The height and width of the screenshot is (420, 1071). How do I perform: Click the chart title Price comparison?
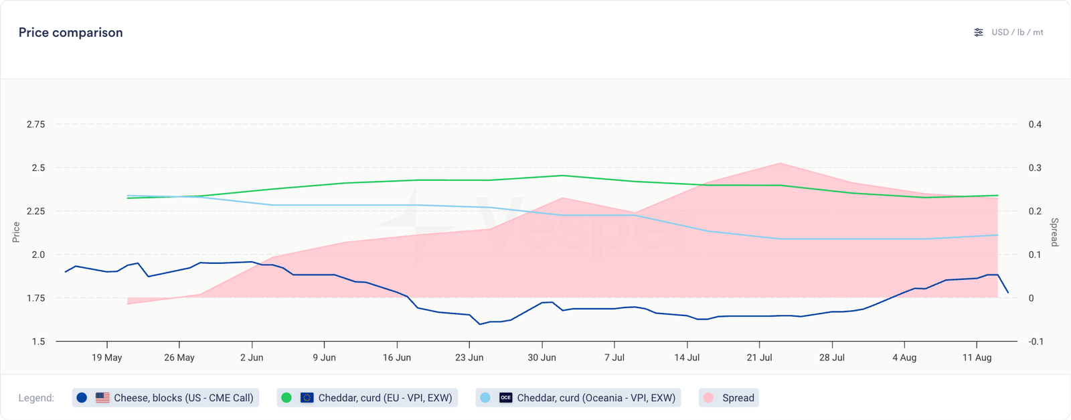click(x=70, y=33)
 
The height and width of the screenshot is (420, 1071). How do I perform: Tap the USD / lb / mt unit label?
click(x=1017, y=32)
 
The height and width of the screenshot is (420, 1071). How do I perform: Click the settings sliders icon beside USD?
click(x=979, y=32)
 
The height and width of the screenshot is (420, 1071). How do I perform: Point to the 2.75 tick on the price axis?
click(x=36, y=125)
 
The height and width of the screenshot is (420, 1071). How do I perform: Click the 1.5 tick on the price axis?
click(x=38, y=342)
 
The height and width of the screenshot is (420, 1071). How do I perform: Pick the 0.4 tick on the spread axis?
click(x=1035, y=125)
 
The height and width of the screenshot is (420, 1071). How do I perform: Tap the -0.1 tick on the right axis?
click(x=1035, y=342)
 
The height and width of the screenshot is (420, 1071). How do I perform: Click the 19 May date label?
click(x=106, y=358)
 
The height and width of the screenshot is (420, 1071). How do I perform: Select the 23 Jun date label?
click(x=469, y=358)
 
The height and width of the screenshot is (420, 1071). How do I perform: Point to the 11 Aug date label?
click(x=977, y=358)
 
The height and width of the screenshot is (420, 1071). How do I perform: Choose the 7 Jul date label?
click(x=614, y=358)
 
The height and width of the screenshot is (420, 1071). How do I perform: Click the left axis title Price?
click(x=16, y=232)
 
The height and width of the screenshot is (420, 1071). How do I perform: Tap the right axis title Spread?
click(x=1054, y=232)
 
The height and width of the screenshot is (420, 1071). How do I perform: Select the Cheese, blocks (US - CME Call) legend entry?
click(x=165, y=398)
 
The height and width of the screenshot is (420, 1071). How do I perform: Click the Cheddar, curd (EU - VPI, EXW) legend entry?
click(x=367, y=398)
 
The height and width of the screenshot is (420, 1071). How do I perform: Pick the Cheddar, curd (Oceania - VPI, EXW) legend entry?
click(x=578, y=398)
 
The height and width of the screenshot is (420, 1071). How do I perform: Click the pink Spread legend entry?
click(x=729, y=398)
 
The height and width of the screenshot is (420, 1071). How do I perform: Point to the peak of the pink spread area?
click(x=780, y=163)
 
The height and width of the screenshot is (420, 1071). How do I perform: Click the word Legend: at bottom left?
click(x=36, y=398)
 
